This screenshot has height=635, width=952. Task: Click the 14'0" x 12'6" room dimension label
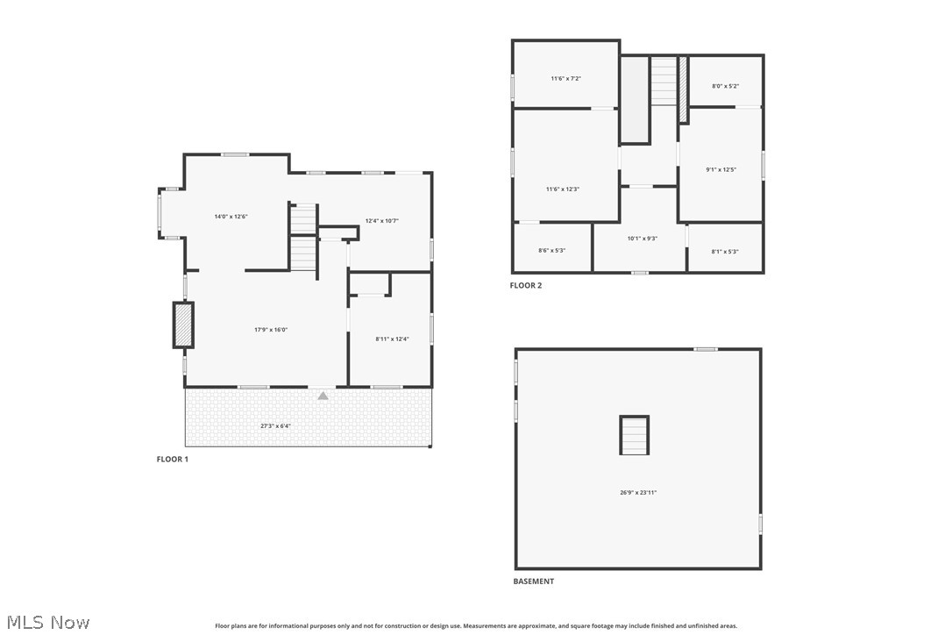(x=231, y=216)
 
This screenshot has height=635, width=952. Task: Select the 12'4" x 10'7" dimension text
(x=382, y=220)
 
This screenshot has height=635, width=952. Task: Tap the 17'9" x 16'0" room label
(x=271, y=330)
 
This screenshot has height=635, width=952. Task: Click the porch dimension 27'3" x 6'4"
(x=276, y=425)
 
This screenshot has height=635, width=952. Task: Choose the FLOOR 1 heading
(x=172, y=459)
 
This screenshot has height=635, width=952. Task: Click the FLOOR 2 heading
(x=526, y=285)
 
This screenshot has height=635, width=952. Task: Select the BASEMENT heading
(x=533, y=581)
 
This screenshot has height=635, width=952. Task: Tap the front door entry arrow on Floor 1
(x=323, y=396)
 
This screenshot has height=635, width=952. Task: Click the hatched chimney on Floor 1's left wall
(x=183, y=325)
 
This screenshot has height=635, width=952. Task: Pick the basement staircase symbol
(x=634, y=435)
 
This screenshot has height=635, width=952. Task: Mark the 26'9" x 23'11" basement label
(x=637, y=492)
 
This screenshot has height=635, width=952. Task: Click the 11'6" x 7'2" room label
(x=565, y=78)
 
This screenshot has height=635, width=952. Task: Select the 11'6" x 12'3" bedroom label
(x=563, y=189)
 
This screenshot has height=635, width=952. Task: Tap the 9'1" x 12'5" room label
(x=721, y=169)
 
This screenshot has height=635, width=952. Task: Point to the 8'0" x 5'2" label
(x=725, y=86)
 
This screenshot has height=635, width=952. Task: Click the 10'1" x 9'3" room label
(x=642, y=238)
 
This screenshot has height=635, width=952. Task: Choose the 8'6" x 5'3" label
(x=551, y=250)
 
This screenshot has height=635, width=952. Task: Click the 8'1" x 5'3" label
(x=725, y=252)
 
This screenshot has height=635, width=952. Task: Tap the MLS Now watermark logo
(x=46, y=622)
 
